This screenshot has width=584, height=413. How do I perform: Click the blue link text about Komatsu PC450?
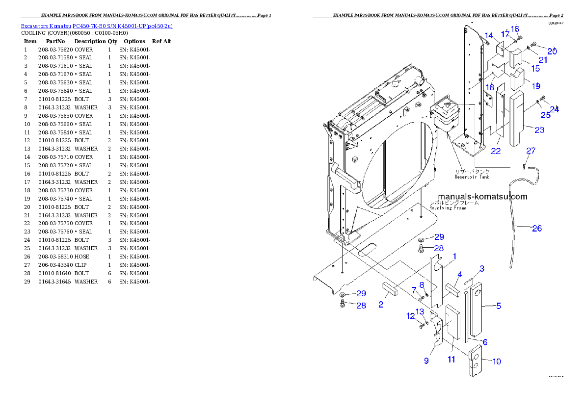click(x=96, y=26)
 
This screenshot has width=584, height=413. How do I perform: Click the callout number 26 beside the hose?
click(x=537, y=228)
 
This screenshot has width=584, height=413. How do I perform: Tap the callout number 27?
click(x=531, y=151)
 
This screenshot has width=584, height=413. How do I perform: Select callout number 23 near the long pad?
click(x=539, y=130)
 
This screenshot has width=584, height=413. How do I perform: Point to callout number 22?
click(x=496, y=151)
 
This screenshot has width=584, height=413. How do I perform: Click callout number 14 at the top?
click(x=489, y=35)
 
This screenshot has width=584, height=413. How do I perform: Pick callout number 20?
click(x=552, y=51)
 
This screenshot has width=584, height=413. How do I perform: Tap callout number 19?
click(x=535, y=86)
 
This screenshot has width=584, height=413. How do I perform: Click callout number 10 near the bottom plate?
click(x=496, y=361)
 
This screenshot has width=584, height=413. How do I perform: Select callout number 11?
click(x=451, y=359)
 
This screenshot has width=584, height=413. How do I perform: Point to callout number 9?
click(x=426, y=361)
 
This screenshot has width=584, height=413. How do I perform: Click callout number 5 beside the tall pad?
click(x=498, y=306)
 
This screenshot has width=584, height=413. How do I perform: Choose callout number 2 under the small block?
click(x=381, y=305)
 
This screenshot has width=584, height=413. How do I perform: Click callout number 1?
click(x=454, y=257)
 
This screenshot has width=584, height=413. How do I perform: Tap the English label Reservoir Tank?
click(x=472, y=177)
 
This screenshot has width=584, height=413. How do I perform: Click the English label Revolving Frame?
click(x=448, y=207)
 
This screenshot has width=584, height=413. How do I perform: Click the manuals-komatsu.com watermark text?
click(x=482, y=197)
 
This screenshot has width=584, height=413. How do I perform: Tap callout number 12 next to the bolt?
click(x=410, y=316)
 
